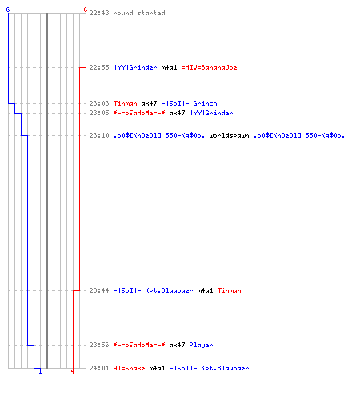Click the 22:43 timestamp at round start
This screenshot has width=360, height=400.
(x=99, y=13)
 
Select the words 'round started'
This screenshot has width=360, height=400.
(x=139, y=13)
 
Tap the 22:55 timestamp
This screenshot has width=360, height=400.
(x=99, y=67)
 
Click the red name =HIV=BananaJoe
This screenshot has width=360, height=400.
(x=209, y=67)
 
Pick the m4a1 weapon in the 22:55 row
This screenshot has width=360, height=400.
(x=169, y=67)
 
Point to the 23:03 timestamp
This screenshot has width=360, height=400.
(x=99, y=103)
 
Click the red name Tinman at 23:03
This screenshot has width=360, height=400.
(x=125, y=103)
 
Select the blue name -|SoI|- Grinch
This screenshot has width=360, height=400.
(x=189, y=103)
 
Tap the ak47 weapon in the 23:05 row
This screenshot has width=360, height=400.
(x=177, y=113)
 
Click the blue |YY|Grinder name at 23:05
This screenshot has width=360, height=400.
(x=211, y=113)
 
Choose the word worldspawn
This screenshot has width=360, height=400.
(x=229, y=135)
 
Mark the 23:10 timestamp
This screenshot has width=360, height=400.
(x=99, y=135)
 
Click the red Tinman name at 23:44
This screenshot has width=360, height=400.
(x=229, y=290)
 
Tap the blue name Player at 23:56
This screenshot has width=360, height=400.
(x=201, y=345)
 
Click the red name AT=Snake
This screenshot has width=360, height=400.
(x=129, y=368)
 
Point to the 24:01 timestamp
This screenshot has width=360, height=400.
(x=99, y=368)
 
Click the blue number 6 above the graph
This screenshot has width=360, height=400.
(x=8, y=10)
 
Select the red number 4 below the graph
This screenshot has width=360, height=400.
(x=73, y=371)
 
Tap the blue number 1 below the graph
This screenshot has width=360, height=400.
(x=40, y=371)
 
